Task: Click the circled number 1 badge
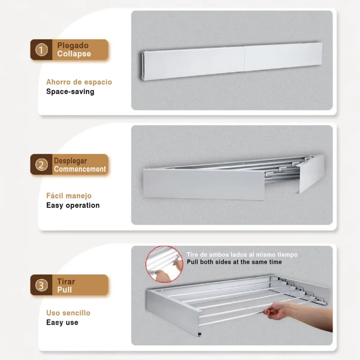point(41,50)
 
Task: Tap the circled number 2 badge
point(41,165)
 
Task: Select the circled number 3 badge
point(41,285)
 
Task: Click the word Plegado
point(73,46)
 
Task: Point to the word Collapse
point(74,54)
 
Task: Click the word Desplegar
point(70,161)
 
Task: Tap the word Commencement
point(80,169)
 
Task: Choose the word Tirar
point(66,282)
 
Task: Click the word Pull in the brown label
point(64,290)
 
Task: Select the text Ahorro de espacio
point(79,82)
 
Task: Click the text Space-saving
point(70,92)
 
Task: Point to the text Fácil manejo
point(69,196)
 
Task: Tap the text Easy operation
point(73,205)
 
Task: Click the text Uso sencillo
point(68,313)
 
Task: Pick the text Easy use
point(62,322)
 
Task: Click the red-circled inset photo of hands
point(164,264)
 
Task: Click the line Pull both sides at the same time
point(234,262)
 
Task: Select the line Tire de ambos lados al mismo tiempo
point(242,255)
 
